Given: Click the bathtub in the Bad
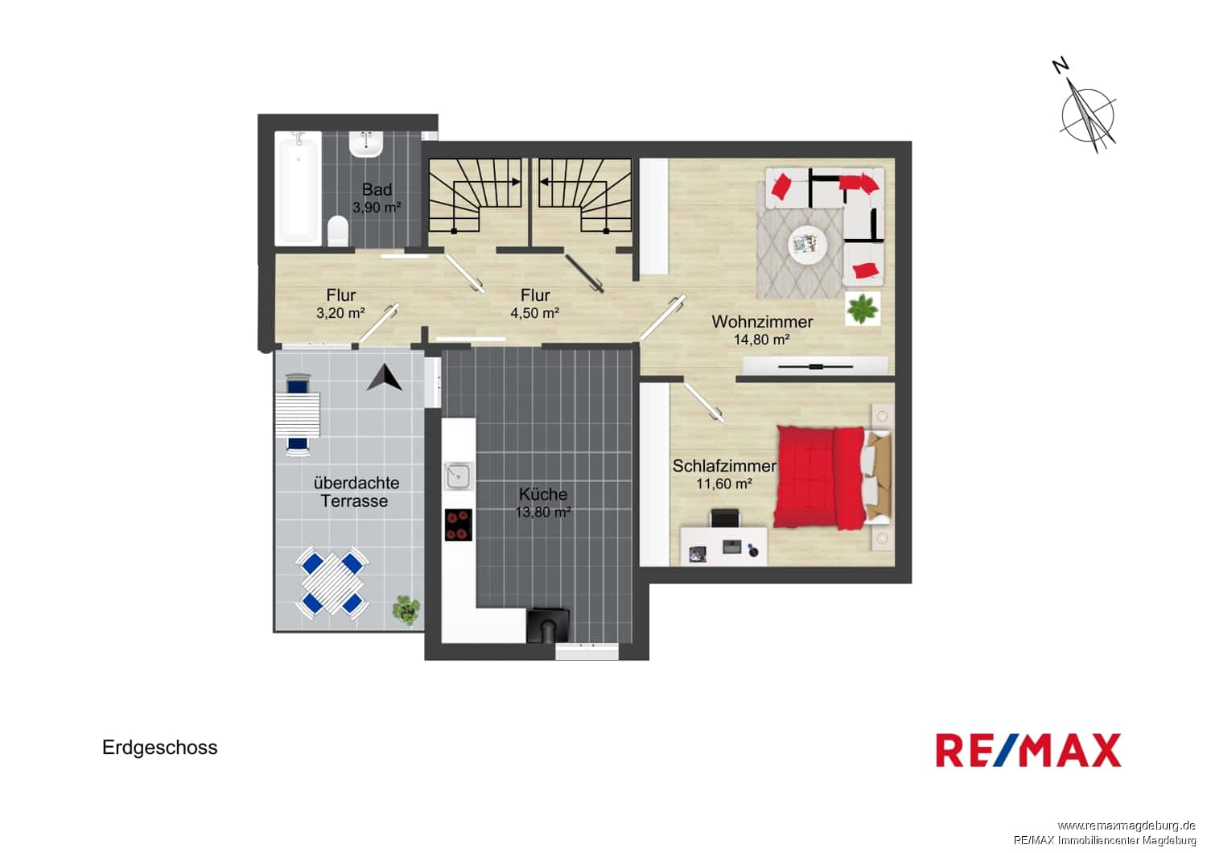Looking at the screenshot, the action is pos(297,188).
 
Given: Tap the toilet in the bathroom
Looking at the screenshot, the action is pos(338,231).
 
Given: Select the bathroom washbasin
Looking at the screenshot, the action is pos(366,144).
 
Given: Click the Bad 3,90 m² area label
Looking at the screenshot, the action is pos(377,198).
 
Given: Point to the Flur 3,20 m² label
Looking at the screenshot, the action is pos(340,304).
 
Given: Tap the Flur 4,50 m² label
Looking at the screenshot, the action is pos(534,304).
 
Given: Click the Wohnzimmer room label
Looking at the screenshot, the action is pos(762,322).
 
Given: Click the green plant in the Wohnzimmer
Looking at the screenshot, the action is pos(862,309).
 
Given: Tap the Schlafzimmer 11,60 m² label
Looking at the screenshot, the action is pos(723,475).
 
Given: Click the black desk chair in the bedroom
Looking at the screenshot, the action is pos(725,517).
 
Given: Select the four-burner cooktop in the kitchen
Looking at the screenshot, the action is pos(459,525).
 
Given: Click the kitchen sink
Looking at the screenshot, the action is pos(458,476).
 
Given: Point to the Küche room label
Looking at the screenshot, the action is pos(543,493).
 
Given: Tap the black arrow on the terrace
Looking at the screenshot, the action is pos(385,377).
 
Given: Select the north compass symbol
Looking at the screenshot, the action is pos(1085,113).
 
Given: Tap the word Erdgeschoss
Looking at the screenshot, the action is pos(160,748).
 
